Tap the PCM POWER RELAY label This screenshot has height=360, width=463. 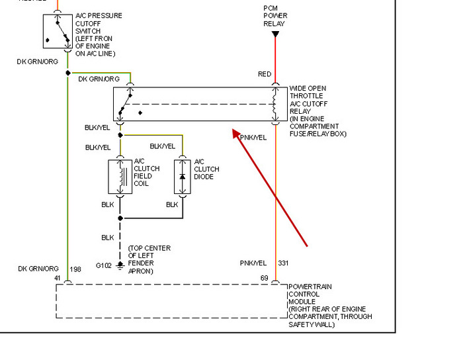(x=274, y=16)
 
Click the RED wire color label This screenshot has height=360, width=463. (x=265, y=74)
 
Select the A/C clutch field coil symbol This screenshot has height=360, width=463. (x=120, y=177)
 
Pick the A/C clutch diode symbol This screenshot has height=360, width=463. (x=183, y=177)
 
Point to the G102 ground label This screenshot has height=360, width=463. (x=103, y=265)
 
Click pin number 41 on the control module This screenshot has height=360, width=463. (x=58, y=279)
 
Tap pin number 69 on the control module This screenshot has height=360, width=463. (x=265, y=279)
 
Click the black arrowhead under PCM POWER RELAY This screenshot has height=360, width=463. (x=275, y=34)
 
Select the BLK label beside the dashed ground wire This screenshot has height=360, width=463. (x=107, y=237)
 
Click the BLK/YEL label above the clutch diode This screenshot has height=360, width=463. (x=163, y=146)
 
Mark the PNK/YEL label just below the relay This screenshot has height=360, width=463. (x=253, y=138)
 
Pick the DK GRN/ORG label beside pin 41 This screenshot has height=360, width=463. (x=38, y=269)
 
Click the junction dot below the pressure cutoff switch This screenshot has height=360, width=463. (x=67, y=73)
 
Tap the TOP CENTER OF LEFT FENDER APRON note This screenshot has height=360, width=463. (x=149, y=259)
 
